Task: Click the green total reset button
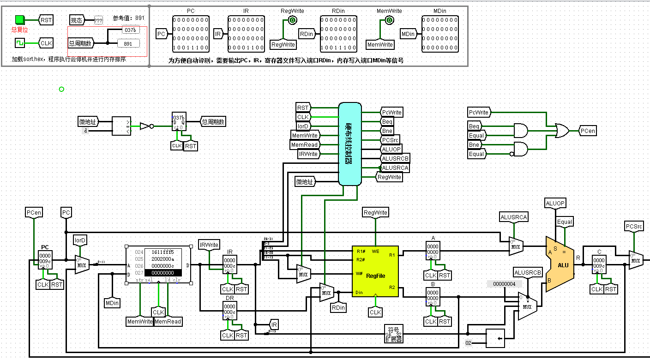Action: (x=19, y=19)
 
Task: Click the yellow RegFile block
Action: (x=375, y=271)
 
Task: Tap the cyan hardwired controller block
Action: (x=349, y=144)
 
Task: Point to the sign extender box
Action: (x=393, y=334)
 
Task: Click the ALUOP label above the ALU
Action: (x=555, y=204)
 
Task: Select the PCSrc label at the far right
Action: (x=634, y=226)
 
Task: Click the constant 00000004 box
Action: (x=505, y=283)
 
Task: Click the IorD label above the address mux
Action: (x=80, y=240)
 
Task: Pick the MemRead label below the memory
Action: (x=168, y=321)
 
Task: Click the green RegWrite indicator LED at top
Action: (x=292, y=20)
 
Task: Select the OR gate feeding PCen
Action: (x=562, y=131)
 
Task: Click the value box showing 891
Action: (x=128, y=43)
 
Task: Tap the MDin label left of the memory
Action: (x=112, y=303)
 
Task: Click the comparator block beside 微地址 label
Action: (x=121, y=126)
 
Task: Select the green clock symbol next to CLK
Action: (x=19, y=43)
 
